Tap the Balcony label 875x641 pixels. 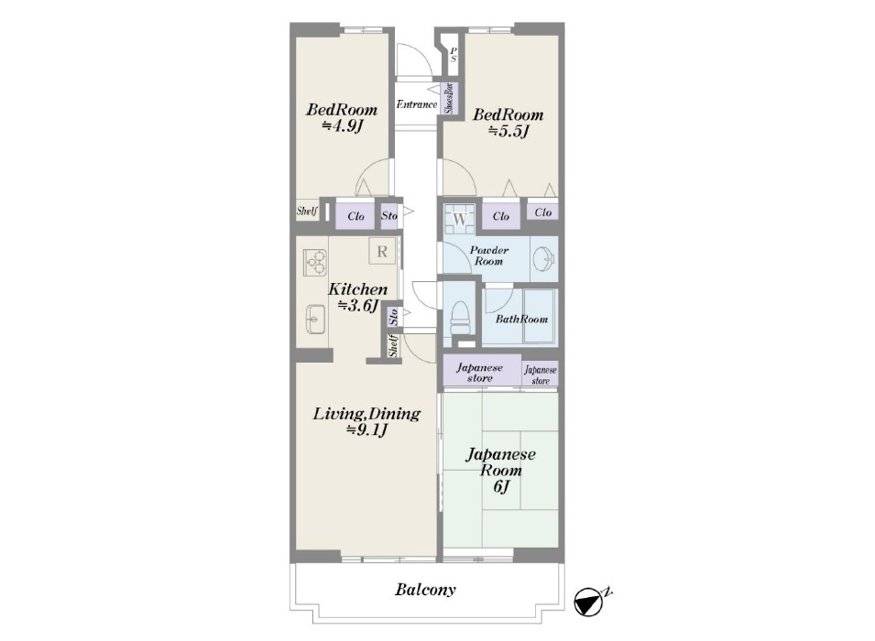tap(425, 590)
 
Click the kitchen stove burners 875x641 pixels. tap(315, 263)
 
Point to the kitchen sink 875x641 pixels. tap(316, 320)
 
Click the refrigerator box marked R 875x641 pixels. tap(382, 251)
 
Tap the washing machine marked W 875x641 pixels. tap(459, 219)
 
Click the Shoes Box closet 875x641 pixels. tap(450, 99)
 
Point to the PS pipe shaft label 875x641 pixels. tap(454, 55)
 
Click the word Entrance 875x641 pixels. tap(417, 104)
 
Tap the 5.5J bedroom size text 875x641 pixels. tap(509, 132)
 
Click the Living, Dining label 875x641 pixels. tap(366, 414)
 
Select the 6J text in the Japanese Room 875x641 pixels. tap(501, 487)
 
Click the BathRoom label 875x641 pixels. tap(521, 319)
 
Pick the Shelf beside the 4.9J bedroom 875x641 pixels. tap(307, 211)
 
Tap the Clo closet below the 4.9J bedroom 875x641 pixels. tap(355, 216)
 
